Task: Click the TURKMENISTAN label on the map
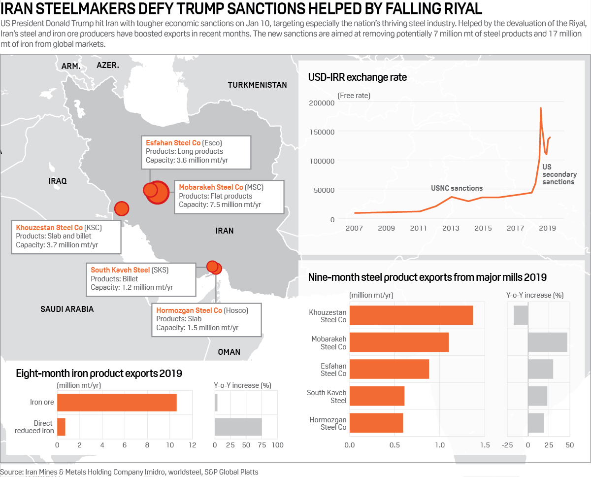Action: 257,85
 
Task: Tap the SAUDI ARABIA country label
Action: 67,309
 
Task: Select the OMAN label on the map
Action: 229,352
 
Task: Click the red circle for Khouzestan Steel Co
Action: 121,208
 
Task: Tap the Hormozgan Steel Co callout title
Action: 189,310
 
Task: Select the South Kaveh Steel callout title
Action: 120,270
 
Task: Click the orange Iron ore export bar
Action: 117,402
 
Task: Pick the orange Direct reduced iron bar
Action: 61,427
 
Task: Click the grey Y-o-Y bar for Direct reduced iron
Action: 238,427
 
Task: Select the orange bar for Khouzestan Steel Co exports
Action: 411,315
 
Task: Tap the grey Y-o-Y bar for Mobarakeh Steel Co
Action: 548,342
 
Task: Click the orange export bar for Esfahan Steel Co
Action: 389,369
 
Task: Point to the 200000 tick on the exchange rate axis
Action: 322,102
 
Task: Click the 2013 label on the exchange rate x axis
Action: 451,228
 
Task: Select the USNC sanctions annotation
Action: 457,188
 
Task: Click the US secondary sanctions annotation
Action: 559,174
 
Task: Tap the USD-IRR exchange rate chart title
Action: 357,77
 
